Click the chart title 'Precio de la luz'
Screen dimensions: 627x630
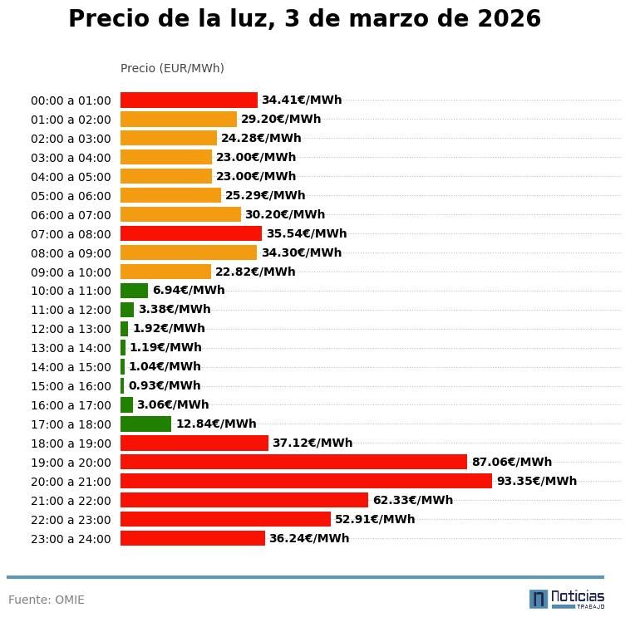304,19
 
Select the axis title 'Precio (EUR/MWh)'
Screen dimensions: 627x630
172,68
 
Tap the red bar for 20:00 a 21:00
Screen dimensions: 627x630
306,481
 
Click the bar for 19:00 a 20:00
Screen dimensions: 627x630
293,462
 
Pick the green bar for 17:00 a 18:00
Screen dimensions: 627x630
145,424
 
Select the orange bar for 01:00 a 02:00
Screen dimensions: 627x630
179,119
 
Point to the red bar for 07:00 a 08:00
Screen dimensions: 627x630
191,233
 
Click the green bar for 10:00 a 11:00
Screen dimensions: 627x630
134,291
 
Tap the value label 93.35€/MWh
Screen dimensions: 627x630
536,481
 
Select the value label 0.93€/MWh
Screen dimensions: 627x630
165,386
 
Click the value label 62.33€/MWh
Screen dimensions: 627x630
412,500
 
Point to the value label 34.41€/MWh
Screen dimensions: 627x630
301,100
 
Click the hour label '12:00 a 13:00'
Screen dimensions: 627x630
71,329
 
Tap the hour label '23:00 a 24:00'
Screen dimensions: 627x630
71,539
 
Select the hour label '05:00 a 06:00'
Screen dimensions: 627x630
71,196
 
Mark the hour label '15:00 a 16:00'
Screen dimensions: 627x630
71,386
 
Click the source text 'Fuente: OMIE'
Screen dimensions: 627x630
47,600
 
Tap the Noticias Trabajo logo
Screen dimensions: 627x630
566,599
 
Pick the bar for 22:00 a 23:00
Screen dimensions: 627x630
225,519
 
